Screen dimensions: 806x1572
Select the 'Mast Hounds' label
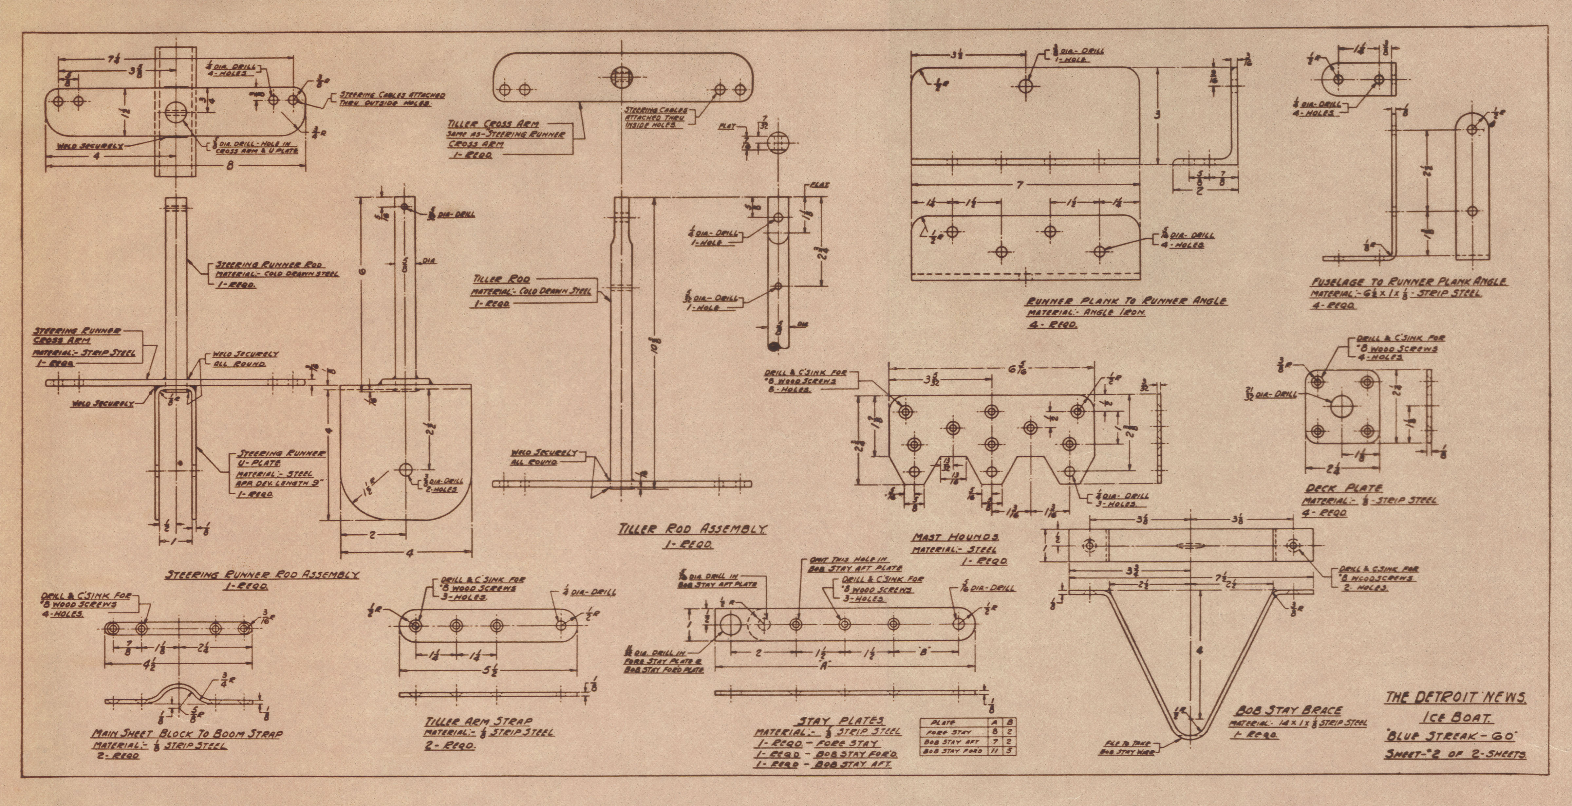(x=955, y=537)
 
